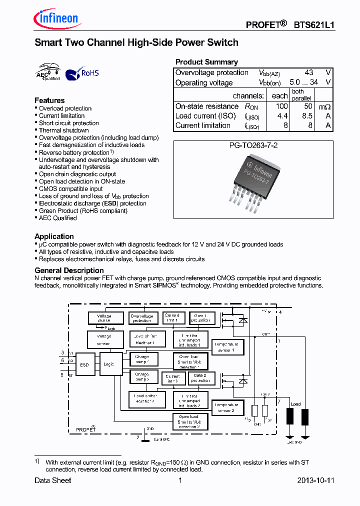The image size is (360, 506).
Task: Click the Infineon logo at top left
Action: coord(56,19)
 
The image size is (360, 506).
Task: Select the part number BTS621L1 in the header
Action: coord(314,24)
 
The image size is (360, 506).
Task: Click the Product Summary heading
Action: coord(206,62)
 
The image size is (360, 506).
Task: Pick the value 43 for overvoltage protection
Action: coord(308,72)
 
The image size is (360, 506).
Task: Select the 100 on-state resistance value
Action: coord(282,106)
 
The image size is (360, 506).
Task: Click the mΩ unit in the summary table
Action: coord(325,106)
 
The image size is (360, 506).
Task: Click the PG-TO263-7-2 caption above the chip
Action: coord(253,145)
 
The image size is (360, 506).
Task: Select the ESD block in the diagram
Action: coord(84,364)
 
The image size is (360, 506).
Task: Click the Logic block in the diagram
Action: coord(108,364)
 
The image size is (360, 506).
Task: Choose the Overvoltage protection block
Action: coord(142,318)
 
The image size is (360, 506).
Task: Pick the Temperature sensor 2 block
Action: coord(226,407)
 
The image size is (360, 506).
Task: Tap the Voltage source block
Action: coord(104,318)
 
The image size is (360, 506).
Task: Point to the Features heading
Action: coord(49,100)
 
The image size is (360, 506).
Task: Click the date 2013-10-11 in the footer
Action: coord(315,480)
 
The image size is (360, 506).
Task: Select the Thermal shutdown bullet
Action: coord(64,130)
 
